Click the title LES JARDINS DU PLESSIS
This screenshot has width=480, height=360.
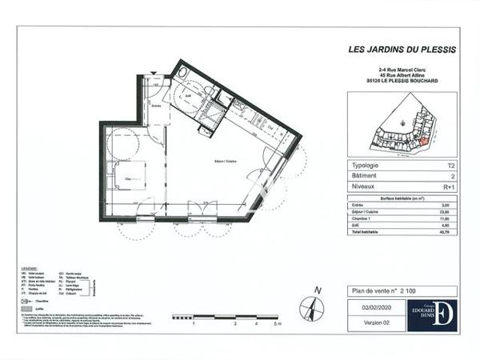click(x=402, y=49)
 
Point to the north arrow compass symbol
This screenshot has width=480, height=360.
click(x=313, y=308)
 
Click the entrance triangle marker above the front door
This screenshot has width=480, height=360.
click(x=154, y=75)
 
